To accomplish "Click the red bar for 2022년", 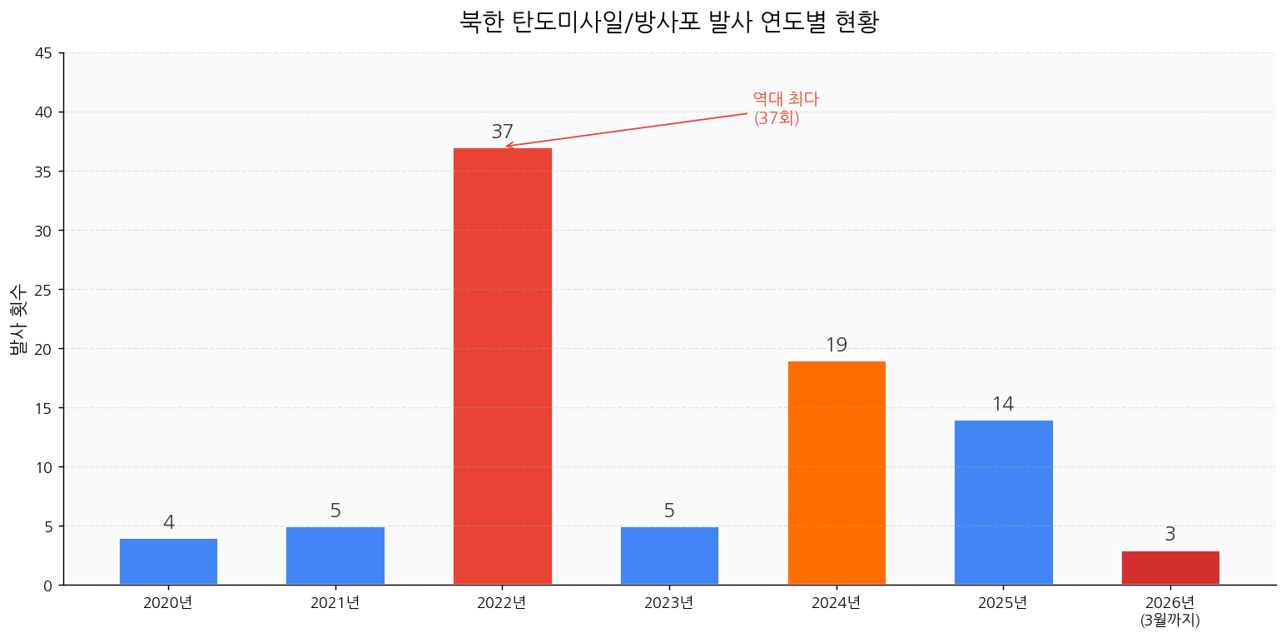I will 502,366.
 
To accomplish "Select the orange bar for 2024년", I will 837,473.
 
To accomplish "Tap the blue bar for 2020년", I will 168,561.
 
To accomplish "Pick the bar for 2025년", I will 1003,502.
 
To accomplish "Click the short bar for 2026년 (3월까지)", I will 1170,568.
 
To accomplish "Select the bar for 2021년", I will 335,556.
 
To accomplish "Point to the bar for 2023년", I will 669,556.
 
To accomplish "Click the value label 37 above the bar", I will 502,132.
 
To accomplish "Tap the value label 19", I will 837,346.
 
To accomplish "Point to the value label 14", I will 1003,405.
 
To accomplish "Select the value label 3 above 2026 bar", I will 1170,535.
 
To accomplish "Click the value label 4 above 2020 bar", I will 168,523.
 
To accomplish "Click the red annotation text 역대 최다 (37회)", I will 785,109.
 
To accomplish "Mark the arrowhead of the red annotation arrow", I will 507,147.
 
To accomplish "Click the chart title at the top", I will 669,22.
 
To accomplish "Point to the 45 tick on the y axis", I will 44,53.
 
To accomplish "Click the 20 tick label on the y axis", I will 44,349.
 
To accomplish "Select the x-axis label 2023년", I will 669,603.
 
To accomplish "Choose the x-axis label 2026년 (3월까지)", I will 1170,611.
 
